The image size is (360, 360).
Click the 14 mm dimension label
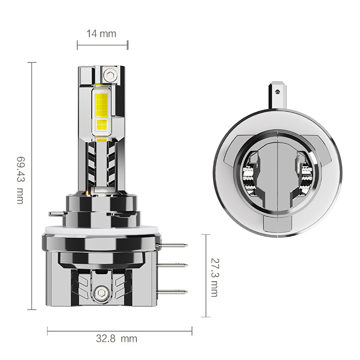point(101,34)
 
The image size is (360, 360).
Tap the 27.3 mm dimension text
point(215,276)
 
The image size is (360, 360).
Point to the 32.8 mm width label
point(116,338)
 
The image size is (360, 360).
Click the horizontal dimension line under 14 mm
point(102,46)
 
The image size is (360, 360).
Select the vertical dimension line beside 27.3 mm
point(206,276)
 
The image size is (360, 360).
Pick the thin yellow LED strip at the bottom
point(102,140)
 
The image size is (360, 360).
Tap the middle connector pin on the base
point(177,265)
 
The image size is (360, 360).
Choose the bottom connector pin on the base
point(177,291)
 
